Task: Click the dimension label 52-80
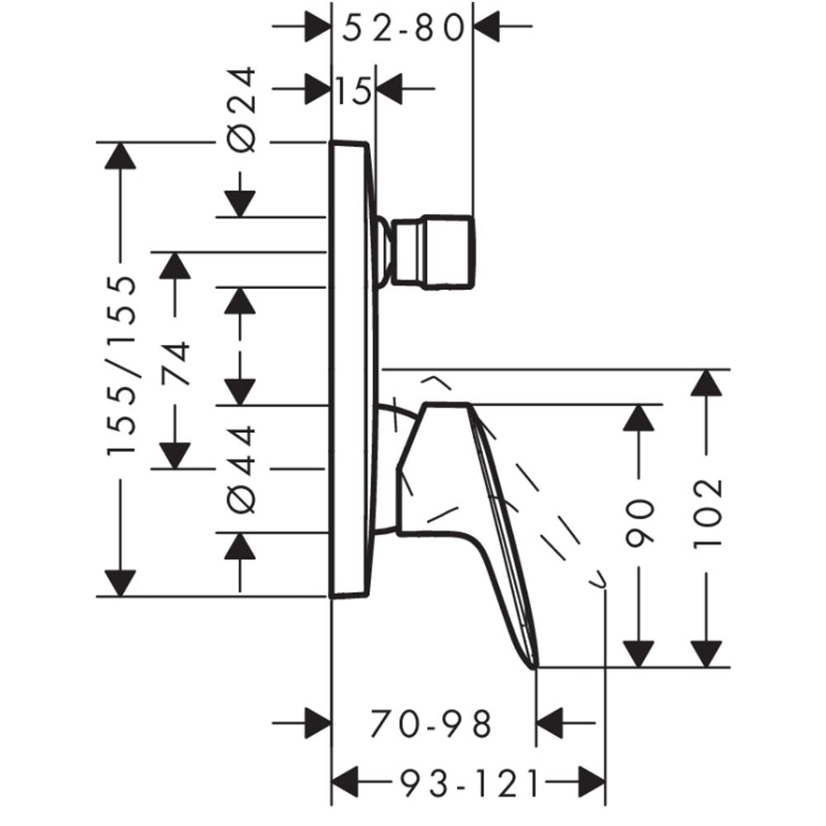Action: point(403,28)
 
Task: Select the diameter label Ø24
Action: point(244,110)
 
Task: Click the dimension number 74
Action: point(175,364)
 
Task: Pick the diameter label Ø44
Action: point(244,469)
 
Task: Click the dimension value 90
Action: point(638,522)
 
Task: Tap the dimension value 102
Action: point(706,514)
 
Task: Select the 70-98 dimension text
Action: point(431,724)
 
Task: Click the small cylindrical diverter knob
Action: point(433,252)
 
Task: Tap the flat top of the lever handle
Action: point(447,404)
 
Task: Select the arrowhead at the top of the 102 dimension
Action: point(706,382)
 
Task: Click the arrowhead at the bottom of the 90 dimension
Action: point(638,654)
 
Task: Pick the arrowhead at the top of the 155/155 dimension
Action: point(121,155)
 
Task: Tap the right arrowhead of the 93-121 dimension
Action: point(592,782)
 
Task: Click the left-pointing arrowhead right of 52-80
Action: point(487,26)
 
